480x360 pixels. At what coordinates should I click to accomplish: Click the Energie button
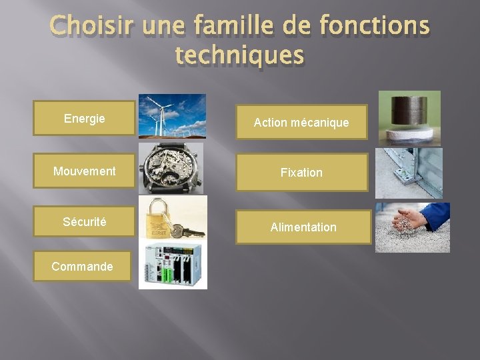tap(84, 119)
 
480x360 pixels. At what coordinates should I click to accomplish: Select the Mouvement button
tap(84, 171)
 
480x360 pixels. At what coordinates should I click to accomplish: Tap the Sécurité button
tap(84, 222)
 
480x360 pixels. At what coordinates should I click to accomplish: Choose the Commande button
tap(82, 267)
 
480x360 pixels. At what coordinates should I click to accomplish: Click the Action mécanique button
tap(301, 123)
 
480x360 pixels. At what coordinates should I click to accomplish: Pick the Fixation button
tap(301, 173)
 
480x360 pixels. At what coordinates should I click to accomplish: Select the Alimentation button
tap(303, 227)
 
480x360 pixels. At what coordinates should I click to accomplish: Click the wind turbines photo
tap(172, 116)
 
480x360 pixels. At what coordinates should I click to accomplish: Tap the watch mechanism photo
tap(171, 168)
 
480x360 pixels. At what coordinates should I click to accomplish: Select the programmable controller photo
tap(173, 265)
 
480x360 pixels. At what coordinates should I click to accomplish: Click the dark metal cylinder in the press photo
tap(409, 110)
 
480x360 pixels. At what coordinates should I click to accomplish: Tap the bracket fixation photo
tap(408, 173)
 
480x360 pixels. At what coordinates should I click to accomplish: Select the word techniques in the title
tap(239, 56)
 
